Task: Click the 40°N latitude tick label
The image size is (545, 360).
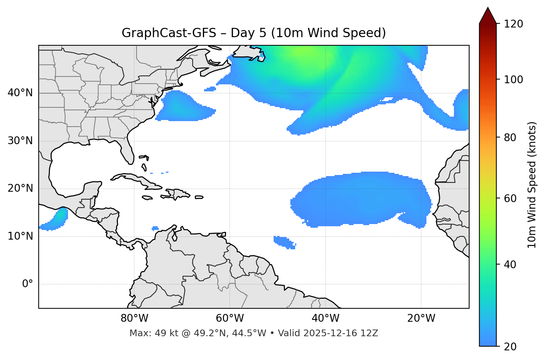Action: click(x=20, y=93)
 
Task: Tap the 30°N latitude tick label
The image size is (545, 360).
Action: click(x=20, y=141)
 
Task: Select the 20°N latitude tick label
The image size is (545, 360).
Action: click(x=20, y=188)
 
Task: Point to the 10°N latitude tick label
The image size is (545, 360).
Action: click(x=20, y=236)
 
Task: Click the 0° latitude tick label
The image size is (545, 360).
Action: click(x=28, y=284)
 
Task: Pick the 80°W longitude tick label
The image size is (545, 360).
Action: click(x=134, y=318)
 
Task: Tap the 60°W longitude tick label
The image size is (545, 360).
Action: click(x=230, y=318)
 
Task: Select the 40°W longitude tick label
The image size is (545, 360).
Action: click(x=325, y=318)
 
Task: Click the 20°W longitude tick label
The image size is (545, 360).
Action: click(x=421, y=318)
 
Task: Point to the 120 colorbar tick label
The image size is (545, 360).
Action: click(x=513, y=24)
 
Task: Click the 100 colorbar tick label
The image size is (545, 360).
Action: click(x=513, y=80)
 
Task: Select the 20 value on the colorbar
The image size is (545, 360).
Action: click(x=510, y=346)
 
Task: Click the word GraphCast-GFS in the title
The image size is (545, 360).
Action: click(x=169, y=33)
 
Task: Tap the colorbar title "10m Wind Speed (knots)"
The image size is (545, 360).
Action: click(x=532, y=185)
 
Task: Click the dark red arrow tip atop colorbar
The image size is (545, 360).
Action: click(x=488, y=15)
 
